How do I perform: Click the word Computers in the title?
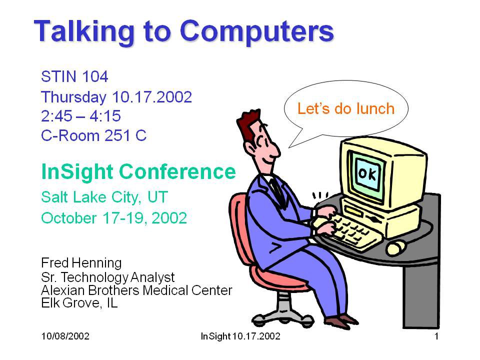pyautogui.click(x=257, y=32)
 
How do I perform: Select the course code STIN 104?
pyautogui.click(x=74, y=76)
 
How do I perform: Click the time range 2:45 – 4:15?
pyautogui.click(x=81, y=116)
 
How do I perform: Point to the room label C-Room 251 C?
pyautogui.click(x=94, y=135)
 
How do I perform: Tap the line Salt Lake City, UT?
pyautogui.click(x=104, y=197)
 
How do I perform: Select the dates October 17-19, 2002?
pyautogui.click(x=114, y=218)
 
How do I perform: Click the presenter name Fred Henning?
pyautogui.click(x=81, y=263)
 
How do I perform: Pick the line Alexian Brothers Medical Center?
pyautogui.click(x=136, y=290)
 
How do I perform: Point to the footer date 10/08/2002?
pyautogui.click(x=65, y=336)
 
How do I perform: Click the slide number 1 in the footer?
pyautogui.click(x=436, y=336)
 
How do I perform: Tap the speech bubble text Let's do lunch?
pyautogui.click(x=346, y=108)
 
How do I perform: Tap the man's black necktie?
pyautogui.click(x=278, y=191)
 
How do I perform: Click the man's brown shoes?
pyautogui.click(x=342, y=321)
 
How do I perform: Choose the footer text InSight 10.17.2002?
pyautogui.click(x=240, y=336)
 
